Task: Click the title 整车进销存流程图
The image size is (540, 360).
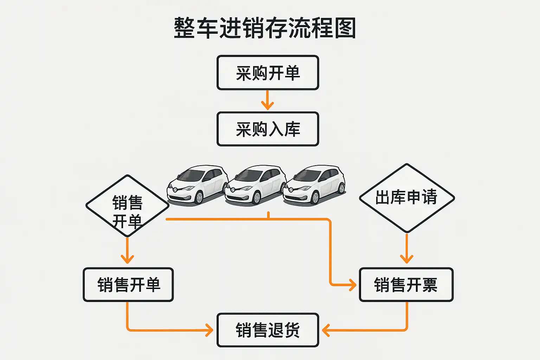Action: point(265,28)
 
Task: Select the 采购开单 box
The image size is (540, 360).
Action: point(268,73)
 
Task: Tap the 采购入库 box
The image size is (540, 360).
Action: point(268,129)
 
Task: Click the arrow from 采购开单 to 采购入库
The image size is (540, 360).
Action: point(268,101)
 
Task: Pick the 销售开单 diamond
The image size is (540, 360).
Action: point(128,206)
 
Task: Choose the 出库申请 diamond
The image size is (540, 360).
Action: point(407,198)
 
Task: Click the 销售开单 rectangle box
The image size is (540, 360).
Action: point(128,285)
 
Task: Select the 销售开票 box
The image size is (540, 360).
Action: point(406,285)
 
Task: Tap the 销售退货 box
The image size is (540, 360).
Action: point(268,330)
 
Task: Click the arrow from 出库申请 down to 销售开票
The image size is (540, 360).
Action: point(407,249)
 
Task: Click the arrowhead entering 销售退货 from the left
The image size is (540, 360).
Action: point(210,330)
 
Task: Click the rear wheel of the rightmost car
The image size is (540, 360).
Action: point(341,188)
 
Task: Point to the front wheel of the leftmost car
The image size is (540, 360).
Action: point(199,197)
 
